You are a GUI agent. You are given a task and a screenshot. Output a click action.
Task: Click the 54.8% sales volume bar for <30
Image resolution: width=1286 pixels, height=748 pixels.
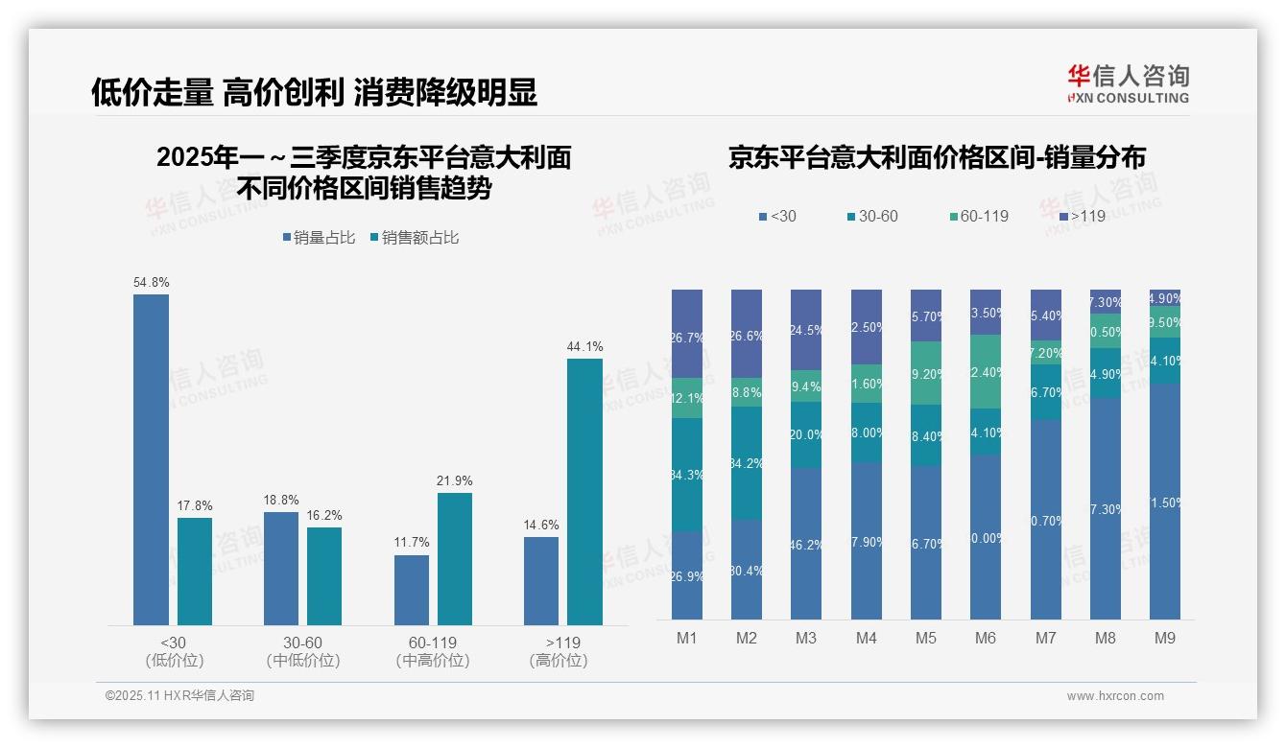151,460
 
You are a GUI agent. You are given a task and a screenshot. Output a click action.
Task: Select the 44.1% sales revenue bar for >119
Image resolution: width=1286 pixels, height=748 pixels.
584,492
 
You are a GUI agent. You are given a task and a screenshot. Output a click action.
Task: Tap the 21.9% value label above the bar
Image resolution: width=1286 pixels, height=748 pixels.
455,481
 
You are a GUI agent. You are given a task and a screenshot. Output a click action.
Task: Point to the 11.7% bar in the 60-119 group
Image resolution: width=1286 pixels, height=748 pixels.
411,590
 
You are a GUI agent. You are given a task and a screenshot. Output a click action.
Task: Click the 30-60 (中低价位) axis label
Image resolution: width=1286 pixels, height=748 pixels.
302,651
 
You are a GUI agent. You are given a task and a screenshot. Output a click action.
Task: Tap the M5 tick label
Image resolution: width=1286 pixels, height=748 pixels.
925,638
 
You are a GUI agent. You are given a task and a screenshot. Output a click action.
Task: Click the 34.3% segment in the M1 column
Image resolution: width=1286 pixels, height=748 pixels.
687,475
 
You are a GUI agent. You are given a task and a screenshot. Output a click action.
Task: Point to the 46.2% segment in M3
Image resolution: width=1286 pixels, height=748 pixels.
806,543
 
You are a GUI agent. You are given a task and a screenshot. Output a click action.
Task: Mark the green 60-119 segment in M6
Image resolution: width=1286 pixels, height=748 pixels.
986,371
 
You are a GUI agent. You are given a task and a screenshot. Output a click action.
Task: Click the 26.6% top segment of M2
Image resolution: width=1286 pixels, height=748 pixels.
747,333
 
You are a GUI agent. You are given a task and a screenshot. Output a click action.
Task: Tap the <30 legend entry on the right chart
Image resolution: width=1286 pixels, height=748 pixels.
777,217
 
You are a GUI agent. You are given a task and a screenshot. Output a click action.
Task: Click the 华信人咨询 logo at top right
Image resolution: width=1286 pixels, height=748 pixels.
1128,83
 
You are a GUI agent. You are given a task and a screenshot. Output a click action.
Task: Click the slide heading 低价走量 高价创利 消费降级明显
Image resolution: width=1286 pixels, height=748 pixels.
314,92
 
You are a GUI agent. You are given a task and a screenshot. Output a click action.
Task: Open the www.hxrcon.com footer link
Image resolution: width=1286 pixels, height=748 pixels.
1114,696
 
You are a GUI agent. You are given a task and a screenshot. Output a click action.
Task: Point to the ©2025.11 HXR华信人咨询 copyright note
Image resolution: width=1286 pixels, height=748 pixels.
179,696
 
